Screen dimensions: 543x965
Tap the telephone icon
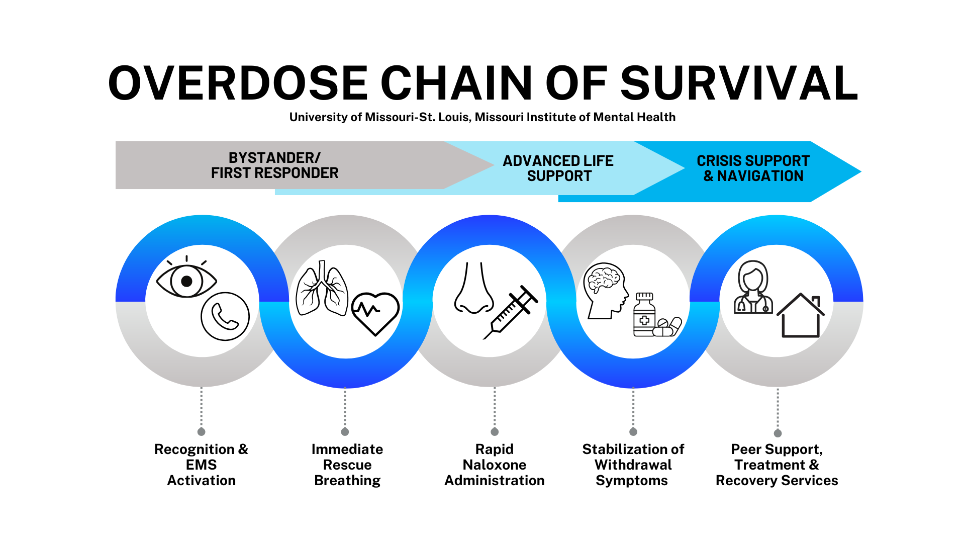(x=225, y=316)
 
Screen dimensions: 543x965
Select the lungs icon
(x=322, y=290)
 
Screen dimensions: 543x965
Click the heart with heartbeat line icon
(x=375, y=313)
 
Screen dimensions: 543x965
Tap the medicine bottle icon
(x=644, y=315)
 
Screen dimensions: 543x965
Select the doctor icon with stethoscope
(x=752, y=288)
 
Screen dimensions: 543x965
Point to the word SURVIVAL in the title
(x=739, y=83)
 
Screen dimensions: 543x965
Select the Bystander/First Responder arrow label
(x=274, y=165)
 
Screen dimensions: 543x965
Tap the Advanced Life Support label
(x=558, y=168)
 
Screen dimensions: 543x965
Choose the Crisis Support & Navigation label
(x=753, y=168)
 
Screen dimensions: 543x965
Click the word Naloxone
(x=495, y=465)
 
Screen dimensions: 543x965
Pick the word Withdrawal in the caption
(x=633, y=465)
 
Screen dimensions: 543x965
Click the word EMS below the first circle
(x=201, y=465)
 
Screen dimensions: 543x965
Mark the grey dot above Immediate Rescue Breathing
(x=345, y=432)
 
